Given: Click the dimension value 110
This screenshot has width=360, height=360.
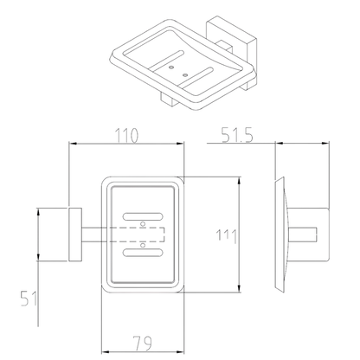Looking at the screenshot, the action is coord(127,136).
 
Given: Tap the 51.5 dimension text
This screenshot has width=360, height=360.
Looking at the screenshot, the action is coord(237,135).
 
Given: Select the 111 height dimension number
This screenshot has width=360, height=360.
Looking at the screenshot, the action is coord(227,235).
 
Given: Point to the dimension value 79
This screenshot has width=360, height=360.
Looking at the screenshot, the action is coord(142,344).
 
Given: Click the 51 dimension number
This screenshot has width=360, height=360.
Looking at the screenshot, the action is coord(29,299).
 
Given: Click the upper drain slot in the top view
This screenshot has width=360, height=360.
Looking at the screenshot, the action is coord(143,216).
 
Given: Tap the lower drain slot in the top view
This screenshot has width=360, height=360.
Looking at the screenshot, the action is coord(143,253).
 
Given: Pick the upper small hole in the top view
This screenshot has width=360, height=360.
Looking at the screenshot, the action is coord(142,224).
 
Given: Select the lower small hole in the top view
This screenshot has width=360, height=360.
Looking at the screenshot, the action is coord(142,245).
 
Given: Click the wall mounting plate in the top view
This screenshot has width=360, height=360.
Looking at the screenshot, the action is coord(75,235).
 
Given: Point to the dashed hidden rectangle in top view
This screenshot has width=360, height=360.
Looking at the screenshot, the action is coord(137,235).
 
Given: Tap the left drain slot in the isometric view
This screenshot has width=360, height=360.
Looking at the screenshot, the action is coord(167,60).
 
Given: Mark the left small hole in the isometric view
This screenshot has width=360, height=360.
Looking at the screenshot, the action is coord(171,67).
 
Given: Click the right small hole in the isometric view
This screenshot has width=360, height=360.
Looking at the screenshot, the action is coord(185,75).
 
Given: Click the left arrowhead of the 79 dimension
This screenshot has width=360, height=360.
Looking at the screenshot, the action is coord(105,352).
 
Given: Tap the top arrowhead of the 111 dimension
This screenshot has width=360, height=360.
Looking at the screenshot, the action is coord(239,181).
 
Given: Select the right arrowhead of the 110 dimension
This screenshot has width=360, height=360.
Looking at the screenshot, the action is coord(180,143).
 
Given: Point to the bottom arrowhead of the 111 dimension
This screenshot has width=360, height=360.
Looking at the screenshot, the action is coord(239,289).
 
